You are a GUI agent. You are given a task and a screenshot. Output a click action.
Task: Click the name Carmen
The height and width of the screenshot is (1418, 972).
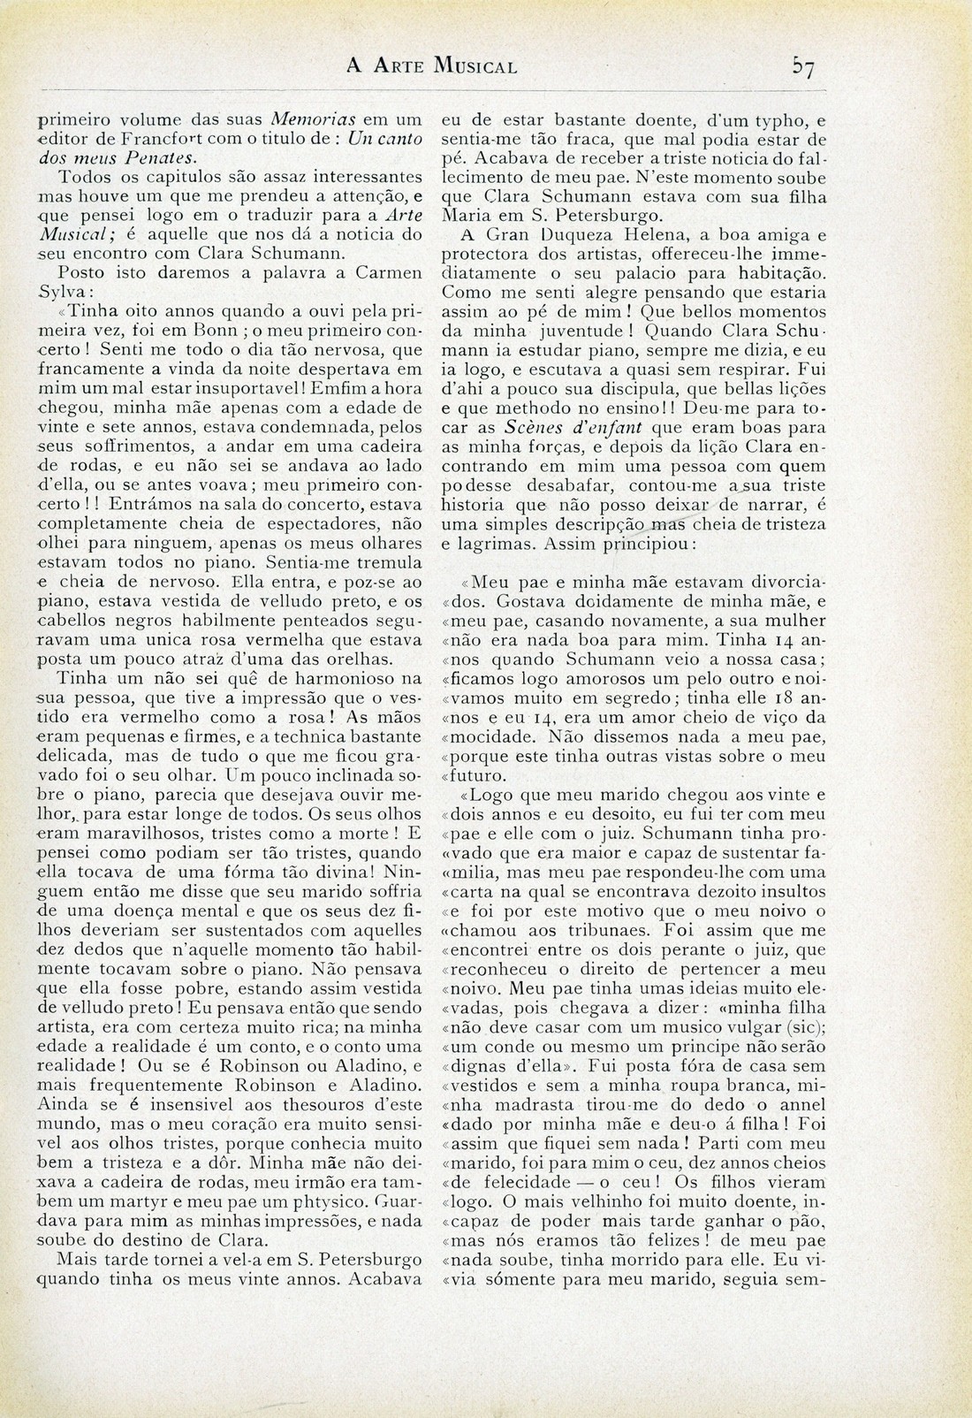[x=387, y=274]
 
